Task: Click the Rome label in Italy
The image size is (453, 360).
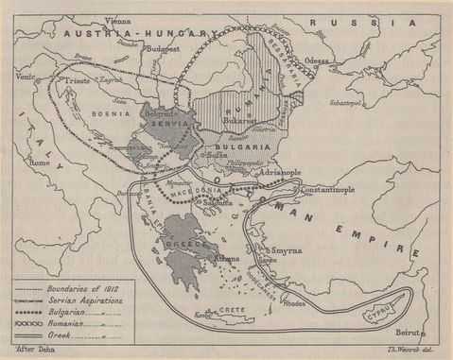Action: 41,163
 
